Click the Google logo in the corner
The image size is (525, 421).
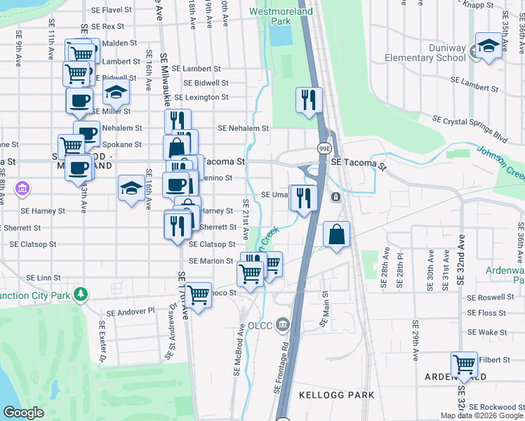click(x=23, y=413)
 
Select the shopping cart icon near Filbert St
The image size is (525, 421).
click(x=464, y=364)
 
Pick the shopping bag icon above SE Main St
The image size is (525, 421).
click(x=337, y=235)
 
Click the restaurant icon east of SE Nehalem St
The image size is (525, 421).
click(x=308, y=100)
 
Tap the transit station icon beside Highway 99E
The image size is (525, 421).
click(x=336, y=197)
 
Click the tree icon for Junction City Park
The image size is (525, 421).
click(x=81, y=293)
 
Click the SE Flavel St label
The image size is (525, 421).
click(x=112, y=11)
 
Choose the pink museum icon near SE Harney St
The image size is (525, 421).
click(x=22, y=188)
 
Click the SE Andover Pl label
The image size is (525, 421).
click(x=131, y=312)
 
